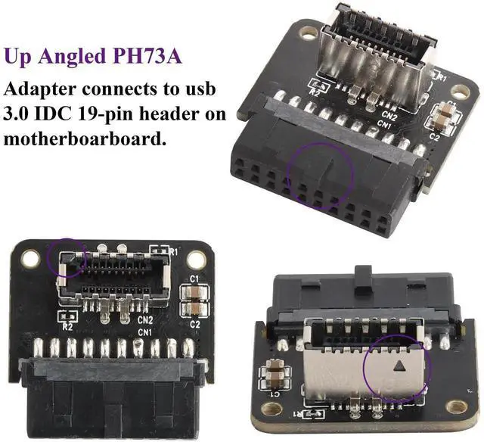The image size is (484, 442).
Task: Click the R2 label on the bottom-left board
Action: (67, 326)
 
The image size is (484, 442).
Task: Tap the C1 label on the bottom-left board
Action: (194, 279)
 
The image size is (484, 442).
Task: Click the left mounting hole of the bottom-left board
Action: (30, 259)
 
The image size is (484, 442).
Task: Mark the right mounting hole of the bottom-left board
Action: (196, 259)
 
